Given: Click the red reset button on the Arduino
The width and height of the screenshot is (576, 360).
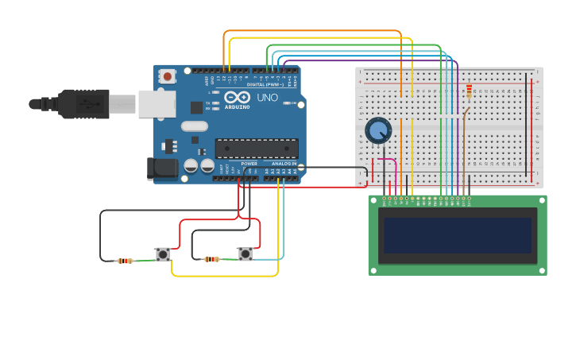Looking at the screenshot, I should click(168, 76).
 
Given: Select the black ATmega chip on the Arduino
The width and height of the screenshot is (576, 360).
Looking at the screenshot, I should click(257, 148).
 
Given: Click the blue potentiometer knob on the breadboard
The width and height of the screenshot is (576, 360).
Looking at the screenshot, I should click(378, 130).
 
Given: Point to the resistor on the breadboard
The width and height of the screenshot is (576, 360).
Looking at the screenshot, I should click(469, 91).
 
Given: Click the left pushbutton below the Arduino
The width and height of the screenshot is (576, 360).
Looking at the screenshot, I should click(163, 254).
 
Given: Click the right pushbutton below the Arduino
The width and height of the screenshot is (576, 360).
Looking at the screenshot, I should click(245, 254).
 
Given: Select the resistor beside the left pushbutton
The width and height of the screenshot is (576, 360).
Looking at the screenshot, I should click(125, 261).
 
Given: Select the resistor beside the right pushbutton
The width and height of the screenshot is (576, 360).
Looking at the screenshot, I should click(211, 259).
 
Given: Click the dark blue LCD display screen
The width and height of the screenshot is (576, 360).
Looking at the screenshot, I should click(457, 235).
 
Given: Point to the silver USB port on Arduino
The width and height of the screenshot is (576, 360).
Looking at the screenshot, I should click(157, 103).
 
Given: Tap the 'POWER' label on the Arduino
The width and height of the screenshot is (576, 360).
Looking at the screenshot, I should click(249, 163).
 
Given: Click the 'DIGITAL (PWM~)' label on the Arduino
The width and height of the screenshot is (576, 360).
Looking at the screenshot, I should click(262, 84).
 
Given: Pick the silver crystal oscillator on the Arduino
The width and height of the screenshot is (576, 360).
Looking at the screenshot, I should click(194, 126).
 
